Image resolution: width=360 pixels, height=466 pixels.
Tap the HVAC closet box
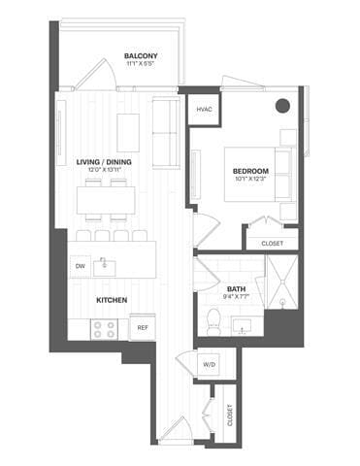pos(204,110)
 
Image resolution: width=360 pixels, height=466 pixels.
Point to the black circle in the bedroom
pos(282,106)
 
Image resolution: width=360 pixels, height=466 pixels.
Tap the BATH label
pos(236,288)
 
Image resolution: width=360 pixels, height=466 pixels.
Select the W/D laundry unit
pos(208,365)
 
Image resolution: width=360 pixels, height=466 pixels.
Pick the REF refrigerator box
pos(142,328)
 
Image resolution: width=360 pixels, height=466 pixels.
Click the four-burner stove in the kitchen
pos(104,329)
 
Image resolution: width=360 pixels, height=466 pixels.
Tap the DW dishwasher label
pos(80,265)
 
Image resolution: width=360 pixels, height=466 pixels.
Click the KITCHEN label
pos(112,300)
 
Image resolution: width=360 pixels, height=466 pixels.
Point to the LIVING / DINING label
pos(106,162)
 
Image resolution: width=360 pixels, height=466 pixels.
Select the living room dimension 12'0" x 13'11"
pos(106,171)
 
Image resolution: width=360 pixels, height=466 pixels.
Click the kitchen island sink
pos(110,264)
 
